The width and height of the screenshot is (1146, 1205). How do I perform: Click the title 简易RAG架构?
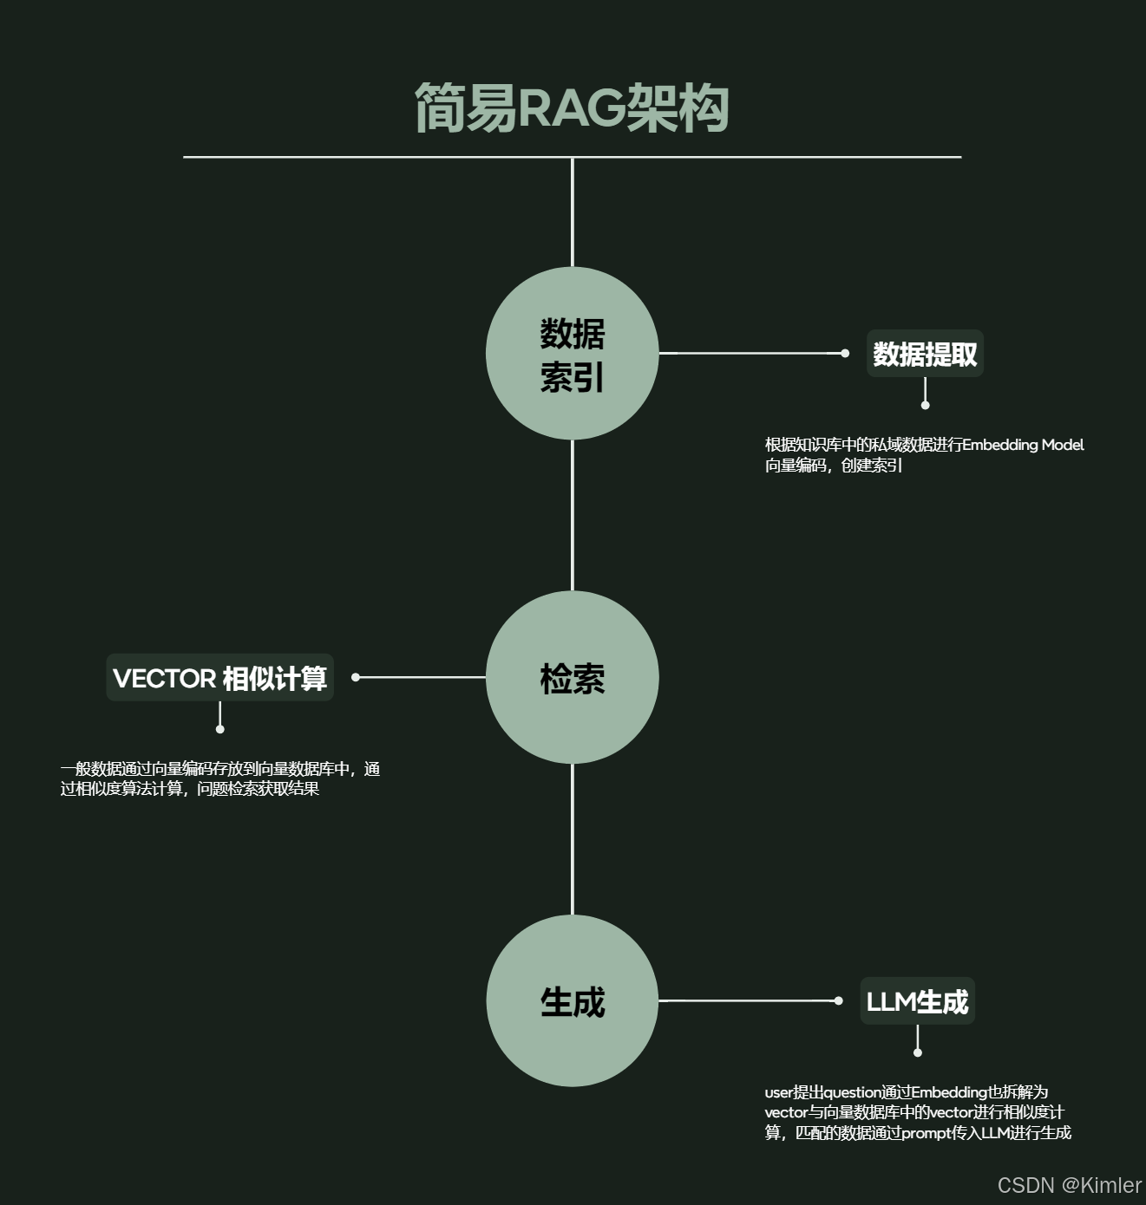pyautogui.click(x=572, y=108)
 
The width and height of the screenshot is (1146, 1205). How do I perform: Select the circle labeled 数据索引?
pyautogui.click(x=572, y=354)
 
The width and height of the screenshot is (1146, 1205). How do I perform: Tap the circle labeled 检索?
pyautogui.click(x=572, y=677)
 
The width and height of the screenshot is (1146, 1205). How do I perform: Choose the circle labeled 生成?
pyautogui.click(x=572, y=1000)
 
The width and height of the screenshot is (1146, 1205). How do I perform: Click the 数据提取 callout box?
pyautogui.click(x=925, y=354)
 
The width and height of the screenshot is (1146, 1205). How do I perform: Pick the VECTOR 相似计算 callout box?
pyautogui.click(x=219, y=678)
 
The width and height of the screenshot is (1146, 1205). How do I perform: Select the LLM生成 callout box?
pyautogui.click(x=917, y=1001)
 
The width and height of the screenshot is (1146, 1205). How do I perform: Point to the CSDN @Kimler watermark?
pyautogui.click(x=1069, y=1185)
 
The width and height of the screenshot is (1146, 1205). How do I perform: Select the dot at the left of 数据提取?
pyautogui.click(x=845, y=354)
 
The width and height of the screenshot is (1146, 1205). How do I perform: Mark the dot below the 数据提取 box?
pyautogui.click(x=925, y=405)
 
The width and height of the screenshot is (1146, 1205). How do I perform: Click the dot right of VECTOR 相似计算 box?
pyautogui.click(x=356, y=677)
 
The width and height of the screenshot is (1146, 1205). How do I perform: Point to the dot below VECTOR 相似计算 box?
pyautogui.click(x=220, y=729)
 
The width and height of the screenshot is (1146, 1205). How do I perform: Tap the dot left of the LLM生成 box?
pyautogui.click(x=838, y=1000)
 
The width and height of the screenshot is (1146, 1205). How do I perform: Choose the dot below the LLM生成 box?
pyautogui.click(x=918, y=1052)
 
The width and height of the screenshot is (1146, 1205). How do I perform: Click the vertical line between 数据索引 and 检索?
pyautogui.click(x=573, y=516)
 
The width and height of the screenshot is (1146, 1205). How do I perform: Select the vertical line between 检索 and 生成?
pyautogui.click(x=573, y=839)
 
